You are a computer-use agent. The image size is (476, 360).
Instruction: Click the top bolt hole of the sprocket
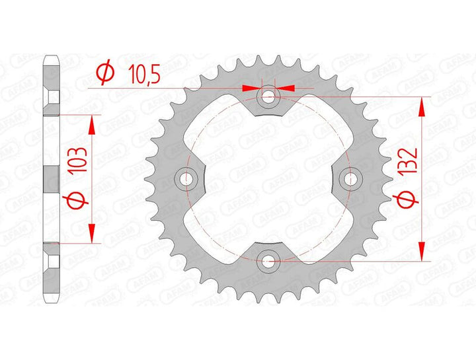[268, 97]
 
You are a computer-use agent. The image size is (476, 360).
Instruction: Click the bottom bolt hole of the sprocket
[268, 261]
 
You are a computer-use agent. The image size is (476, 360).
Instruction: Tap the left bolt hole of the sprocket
[186, 179]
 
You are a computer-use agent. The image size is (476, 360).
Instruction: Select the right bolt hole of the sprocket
[350, 179]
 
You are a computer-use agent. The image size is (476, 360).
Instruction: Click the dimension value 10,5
[144, 75]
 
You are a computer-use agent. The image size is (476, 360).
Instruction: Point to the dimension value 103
[77, 161]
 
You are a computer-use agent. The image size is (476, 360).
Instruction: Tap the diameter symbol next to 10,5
[106, 75]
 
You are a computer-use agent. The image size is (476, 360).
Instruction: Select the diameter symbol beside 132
[406, 200]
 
